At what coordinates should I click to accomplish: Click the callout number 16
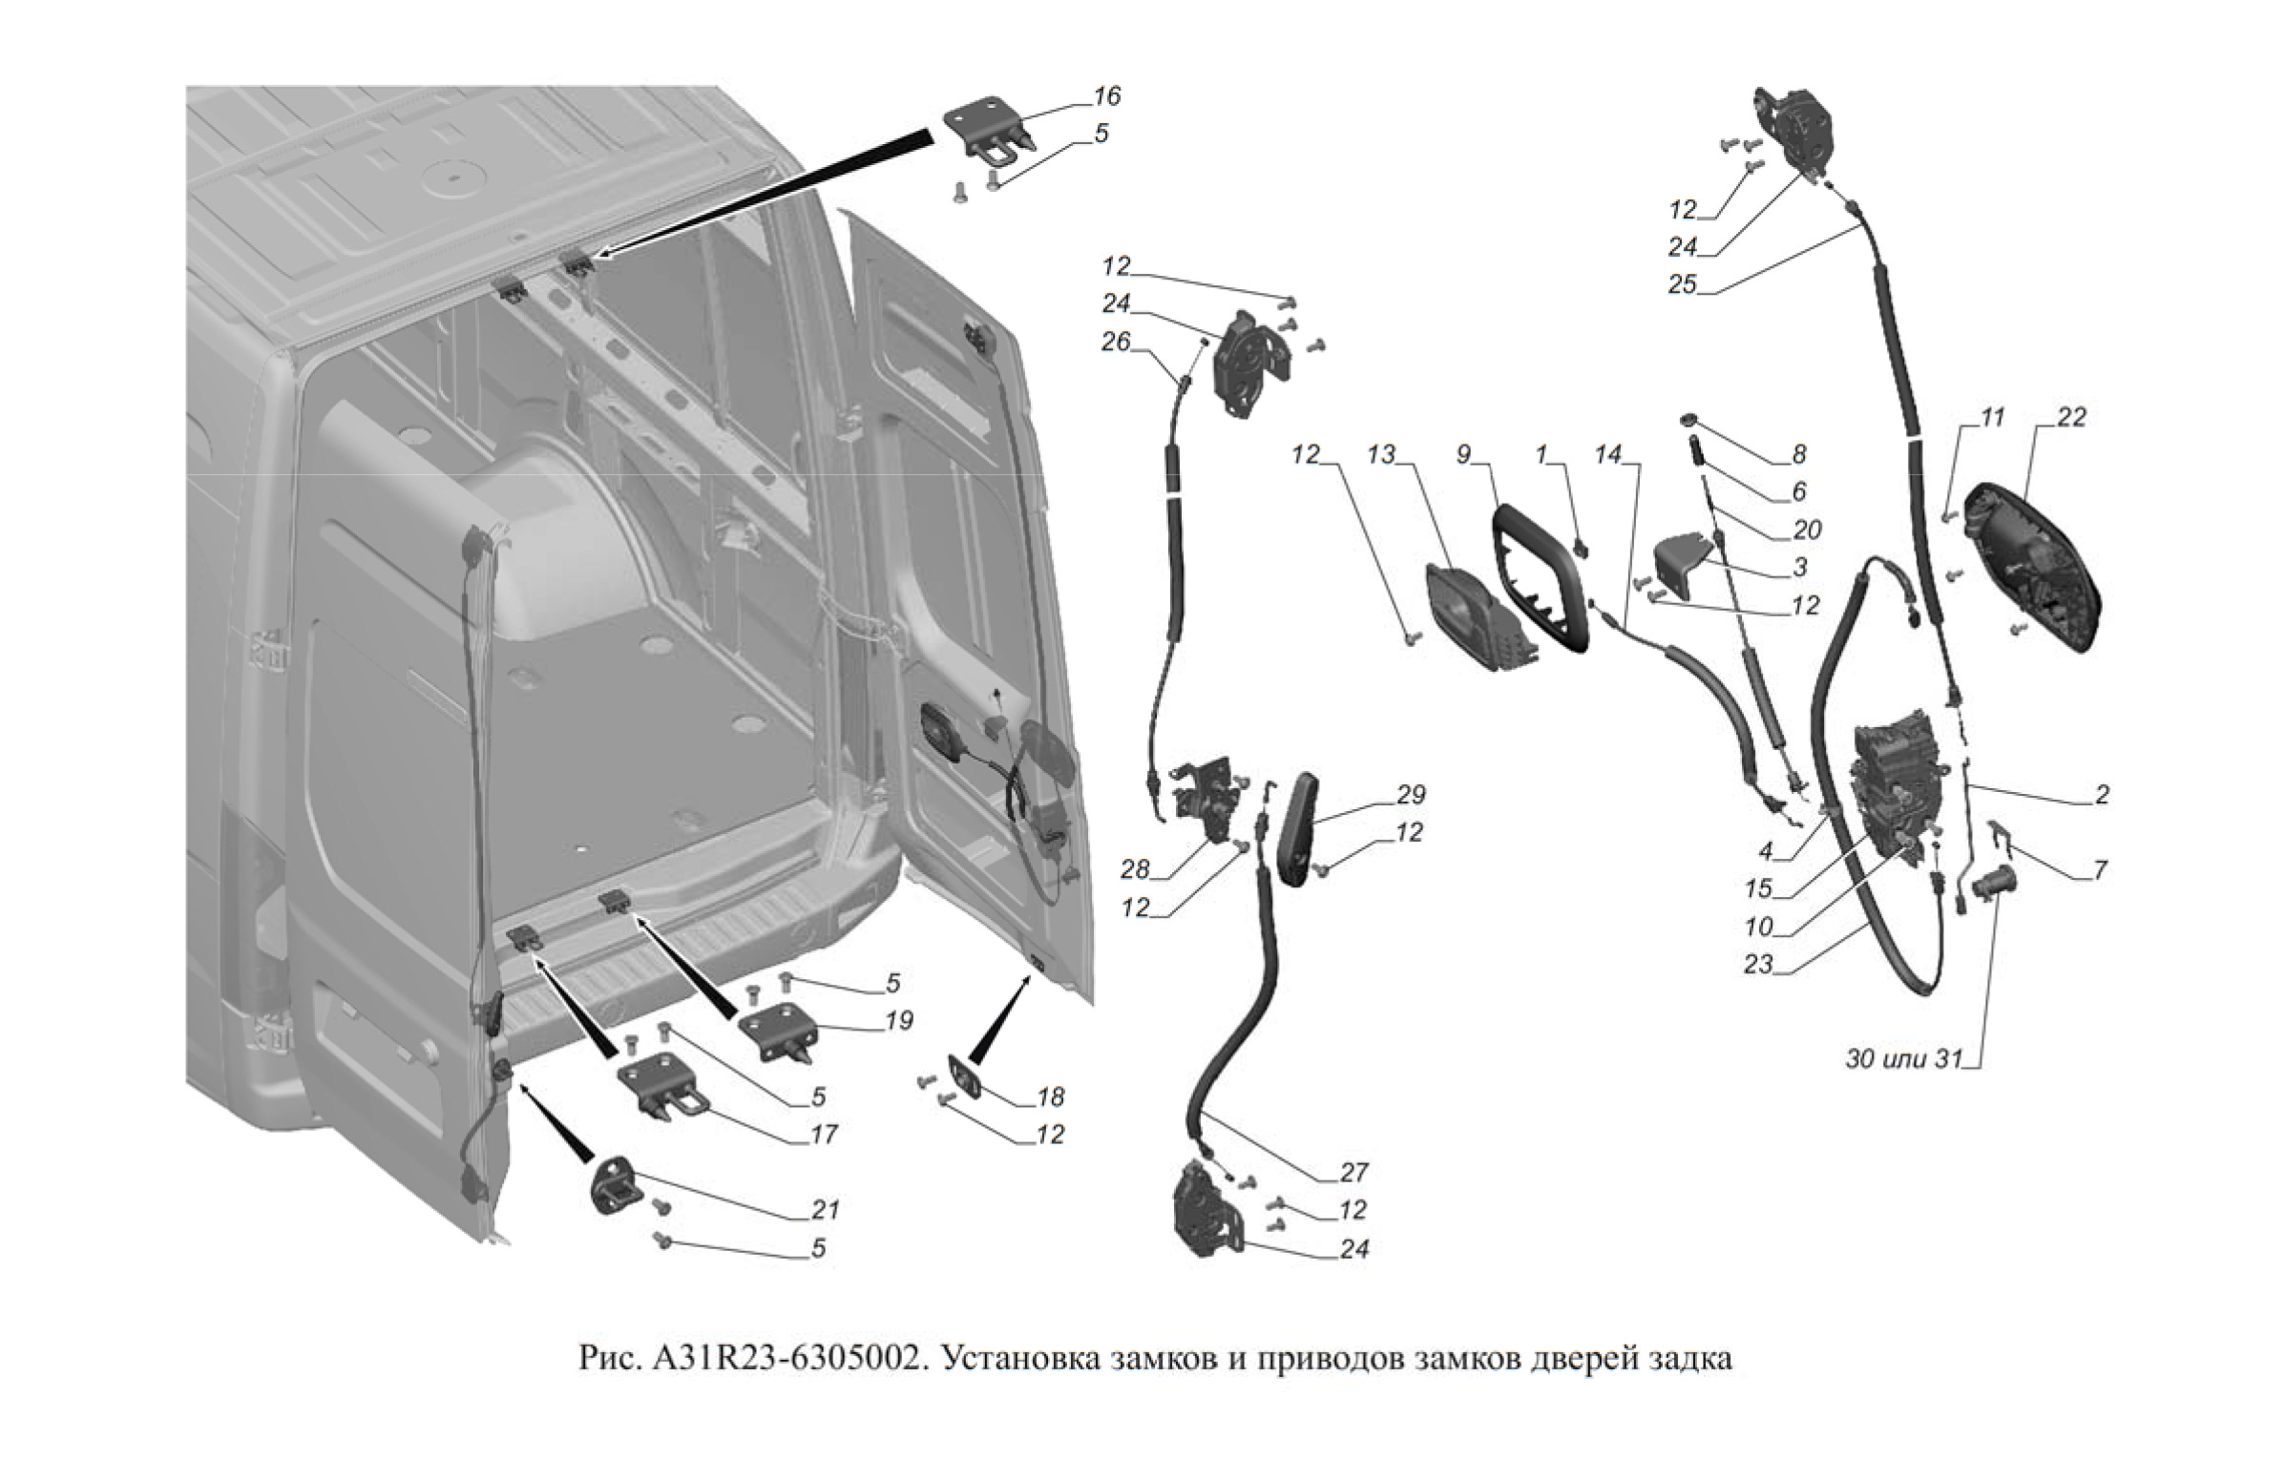1107,96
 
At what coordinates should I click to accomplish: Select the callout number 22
2072,418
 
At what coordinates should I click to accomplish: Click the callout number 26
1116,341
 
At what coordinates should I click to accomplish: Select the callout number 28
1136,869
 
